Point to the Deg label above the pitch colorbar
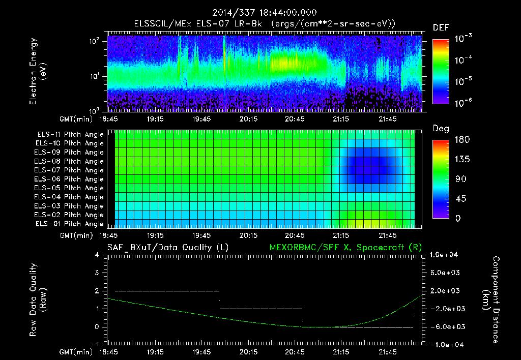click(x=440, y=129)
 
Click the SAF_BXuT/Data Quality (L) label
click(x=167, y=248)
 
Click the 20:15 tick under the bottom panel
click(x=248, y=351)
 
